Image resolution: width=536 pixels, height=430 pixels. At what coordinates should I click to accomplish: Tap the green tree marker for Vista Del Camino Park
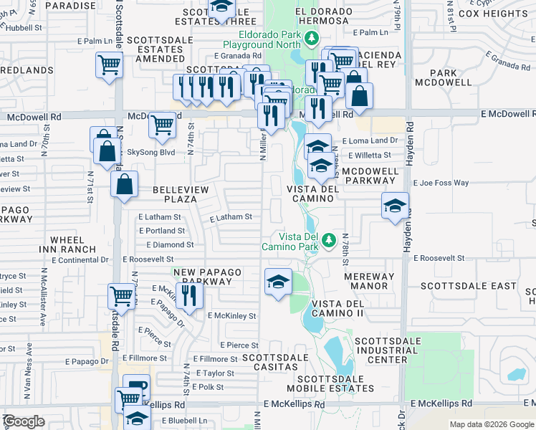(x=329, y=240)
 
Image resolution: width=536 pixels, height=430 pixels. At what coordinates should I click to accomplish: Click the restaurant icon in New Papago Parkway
(x=188, y=295)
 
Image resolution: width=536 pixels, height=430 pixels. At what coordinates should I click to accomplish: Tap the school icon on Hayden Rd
(x=395, y=206)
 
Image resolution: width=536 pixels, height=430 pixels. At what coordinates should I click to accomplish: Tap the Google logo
(x=24, y=421)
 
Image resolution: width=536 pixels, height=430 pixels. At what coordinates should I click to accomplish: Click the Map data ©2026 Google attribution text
(x=492, y=424)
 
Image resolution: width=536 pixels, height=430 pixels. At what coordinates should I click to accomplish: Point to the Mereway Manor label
(x=369, y=282)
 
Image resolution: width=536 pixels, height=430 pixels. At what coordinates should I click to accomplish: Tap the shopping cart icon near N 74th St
(x=163, y=125)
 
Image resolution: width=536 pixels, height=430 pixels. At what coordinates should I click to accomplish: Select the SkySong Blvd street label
(x=150, y=152)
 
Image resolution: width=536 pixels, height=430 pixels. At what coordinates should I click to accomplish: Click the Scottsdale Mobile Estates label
(x=335, y=383)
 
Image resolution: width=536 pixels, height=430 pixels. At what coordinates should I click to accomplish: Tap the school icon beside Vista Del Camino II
(x=278, y=281)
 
